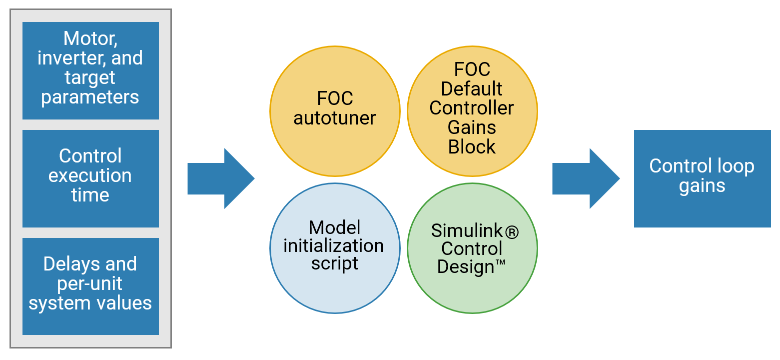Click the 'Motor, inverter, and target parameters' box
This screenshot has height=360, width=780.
90,70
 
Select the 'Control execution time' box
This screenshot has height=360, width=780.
90,178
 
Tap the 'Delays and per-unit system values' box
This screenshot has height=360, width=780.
90,286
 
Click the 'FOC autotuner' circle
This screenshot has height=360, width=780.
335,111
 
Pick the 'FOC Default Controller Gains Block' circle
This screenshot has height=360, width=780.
472,111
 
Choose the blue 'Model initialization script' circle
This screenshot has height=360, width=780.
335,248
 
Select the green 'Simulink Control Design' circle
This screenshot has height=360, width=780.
472,248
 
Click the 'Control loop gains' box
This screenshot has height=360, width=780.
702,178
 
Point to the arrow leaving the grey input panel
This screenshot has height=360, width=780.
220,178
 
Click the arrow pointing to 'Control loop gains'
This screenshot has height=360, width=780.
585,178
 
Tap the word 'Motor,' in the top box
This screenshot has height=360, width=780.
90,38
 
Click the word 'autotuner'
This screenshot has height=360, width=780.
335,118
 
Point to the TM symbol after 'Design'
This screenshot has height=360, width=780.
500,263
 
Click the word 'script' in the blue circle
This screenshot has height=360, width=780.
335,263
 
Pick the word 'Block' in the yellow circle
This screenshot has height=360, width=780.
472,147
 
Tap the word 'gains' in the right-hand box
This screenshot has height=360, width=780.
702,186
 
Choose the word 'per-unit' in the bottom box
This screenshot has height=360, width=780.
90,284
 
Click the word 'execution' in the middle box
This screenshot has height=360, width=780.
90,176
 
